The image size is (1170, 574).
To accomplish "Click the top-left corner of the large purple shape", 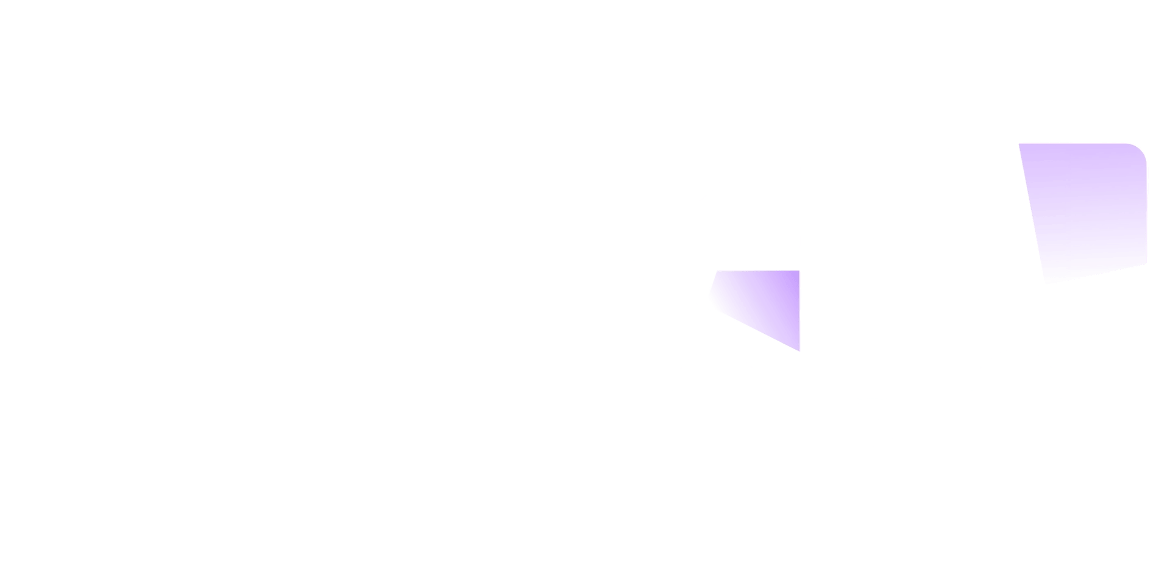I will coord(1020,144).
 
